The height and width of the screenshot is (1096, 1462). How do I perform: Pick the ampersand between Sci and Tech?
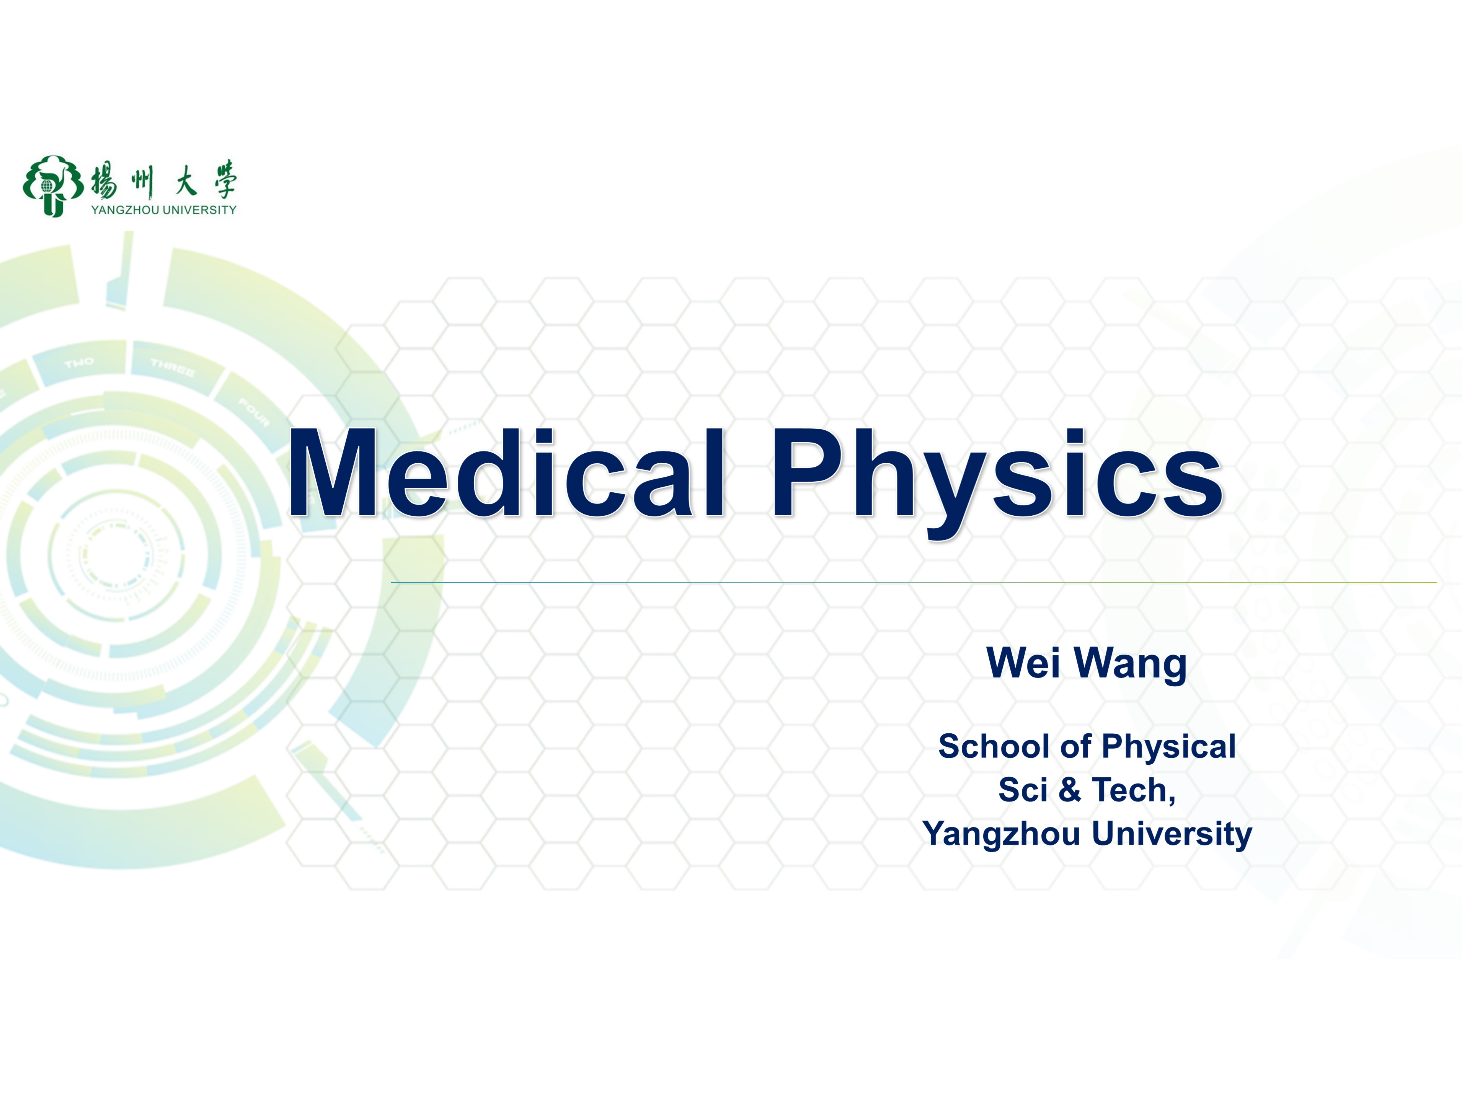tap(1069, 790)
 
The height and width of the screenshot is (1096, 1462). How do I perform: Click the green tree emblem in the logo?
tap(53, 186)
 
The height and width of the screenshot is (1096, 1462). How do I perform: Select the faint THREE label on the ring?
tap(173, 367)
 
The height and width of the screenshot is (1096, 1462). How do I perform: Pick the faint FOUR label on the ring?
tap(254, 413)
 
